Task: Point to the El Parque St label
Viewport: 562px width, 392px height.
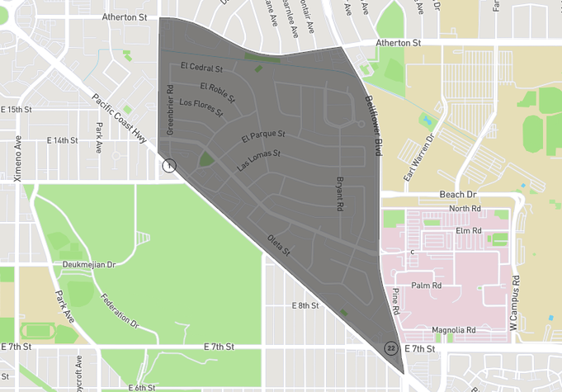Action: click(x=263, y=135)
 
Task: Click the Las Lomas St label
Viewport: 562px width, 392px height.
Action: click(x=259, y=159)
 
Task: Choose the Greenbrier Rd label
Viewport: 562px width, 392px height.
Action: click(x=169, y=111)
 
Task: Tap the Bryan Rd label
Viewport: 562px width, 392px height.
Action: click(x=339, y=196)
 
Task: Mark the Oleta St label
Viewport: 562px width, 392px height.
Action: click(x=279, y=245)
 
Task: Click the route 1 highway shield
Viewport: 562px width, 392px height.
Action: click(x=169, y=165)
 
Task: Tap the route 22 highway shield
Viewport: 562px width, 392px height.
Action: click(x=390, y=348)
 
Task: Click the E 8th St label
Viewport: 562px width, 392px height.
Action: click(x=305, y=305)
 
